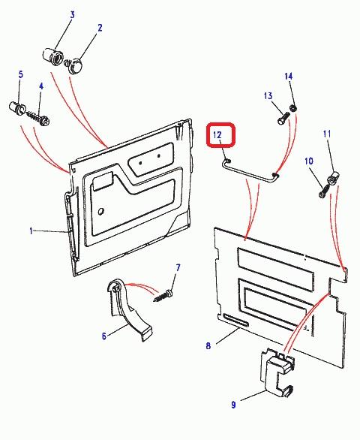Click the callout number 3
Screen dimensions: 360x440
click(x=72, y=15)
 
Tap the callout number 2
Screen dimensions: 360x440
click(x=100, y=28)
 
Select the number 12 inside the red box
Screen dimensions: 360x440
click(x=217, y=135)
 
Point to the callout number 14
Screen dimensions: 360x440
click(x=289, y=77)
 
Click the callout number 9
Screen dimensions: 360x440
click(x=233, y=405)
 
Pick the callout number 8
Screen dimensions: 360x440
click(x=208, y=345)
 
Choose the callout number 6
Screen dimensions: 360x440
click(x=104, y=336)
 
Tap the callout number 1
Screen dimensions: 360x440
click(x=31, y=231)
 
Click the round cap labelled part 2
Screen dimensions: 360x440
click(x=75, y=65)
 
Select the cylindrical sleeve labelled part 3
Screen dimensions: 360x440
click(x=53, y=56)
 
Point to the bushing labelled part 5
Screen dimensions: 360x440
click(x=17, y=108)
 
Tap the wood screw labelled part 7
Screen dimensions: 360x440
click(x=163, y=296)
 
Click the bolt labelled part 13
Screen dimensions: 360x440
click(x=283, y=118)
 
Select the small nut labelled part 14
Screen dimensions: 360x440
click(x=293, y=108)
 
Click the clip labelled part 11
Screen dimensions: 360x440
click(x=333, y=178)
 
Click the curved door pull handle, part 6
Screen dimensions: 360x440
click(x=127, y=309)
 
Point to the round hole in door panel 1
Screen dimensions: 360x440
click(x=101, y=211)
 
